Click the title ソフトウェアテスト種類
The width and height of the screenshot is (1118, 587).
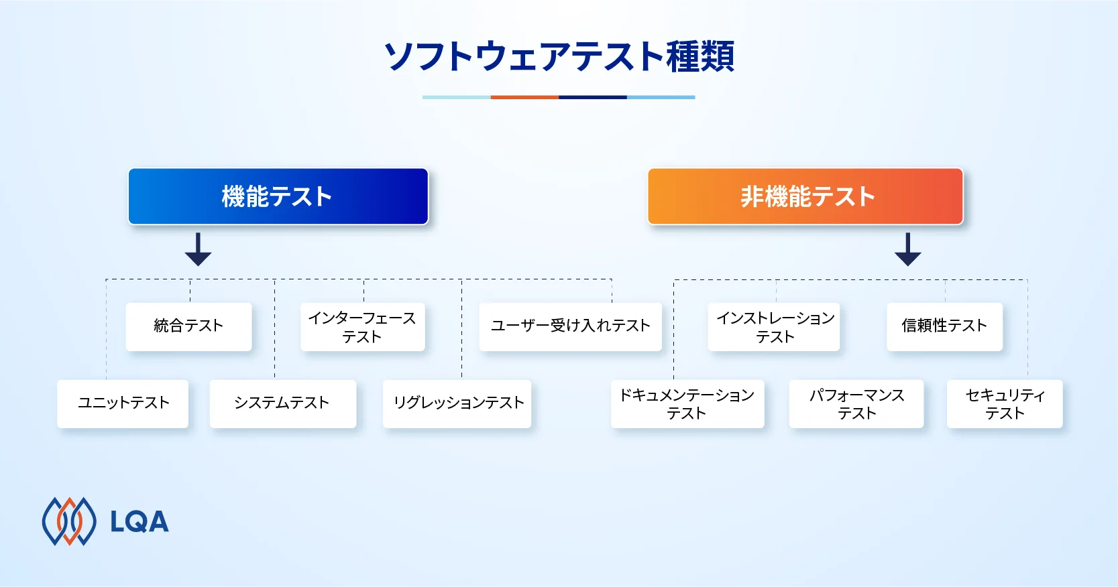[x=559, y=56]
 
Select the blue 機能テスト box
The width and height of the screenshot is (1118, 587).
[x=278, y=196]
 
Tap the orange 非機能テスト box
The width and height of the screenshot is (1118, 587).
[x=805, y=196]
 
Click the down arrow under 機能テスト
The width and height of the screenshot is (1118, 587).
[x=198, y=249]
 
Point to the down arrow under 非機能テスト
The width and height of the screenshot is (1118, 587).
[x=907, y=249]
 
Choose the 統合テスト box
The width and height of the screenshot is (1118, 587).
[x=188, y=326]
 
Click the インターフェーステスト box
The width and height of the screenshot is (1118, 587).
[x=362, y=327]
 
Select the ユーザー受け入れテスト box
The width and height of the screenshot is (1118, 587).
[x=570, y=326]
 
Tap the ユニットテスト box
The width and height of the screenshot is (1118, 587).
[x=123, y=403]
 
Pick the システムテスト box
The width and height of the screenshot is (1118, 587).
[x=282, y=403]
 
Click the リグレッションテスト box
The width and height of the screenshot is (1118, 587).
[x=457, y=403]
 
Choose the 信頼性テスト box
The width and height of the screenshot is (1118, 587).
[x=944, y=326]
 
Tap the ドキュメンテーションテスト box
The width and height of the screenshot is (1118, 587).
[x=687, y=404]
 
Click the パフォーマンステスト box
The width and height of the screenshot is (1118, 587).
[x=856, y=404]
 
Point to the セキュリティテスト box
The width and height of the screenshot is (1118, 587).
[x=1005, y=404]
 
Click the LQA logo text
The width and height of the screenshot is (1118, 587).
[x=139, y=522]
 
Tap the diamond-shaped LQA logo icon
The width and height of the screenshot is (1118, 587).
[x=69, y=521]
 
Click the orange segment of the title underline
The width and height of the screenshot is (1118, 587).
[x=524, y=97]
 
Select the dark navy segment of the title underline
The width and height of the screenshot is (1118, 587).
[x=593, y=97]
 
